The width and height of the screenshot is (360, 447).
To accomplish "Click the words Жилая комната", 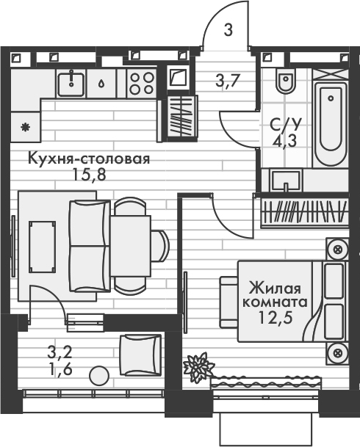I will tap(277, 293).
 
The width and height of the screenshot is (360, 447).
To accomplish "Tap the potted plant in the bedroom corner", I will tap(198, 366).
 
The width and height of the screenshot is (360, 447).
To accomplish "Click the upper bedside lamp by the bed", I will tap(336, 250).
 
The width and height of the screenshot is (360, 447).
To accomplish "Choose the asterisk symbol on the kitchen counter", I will tap(26, 126).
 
